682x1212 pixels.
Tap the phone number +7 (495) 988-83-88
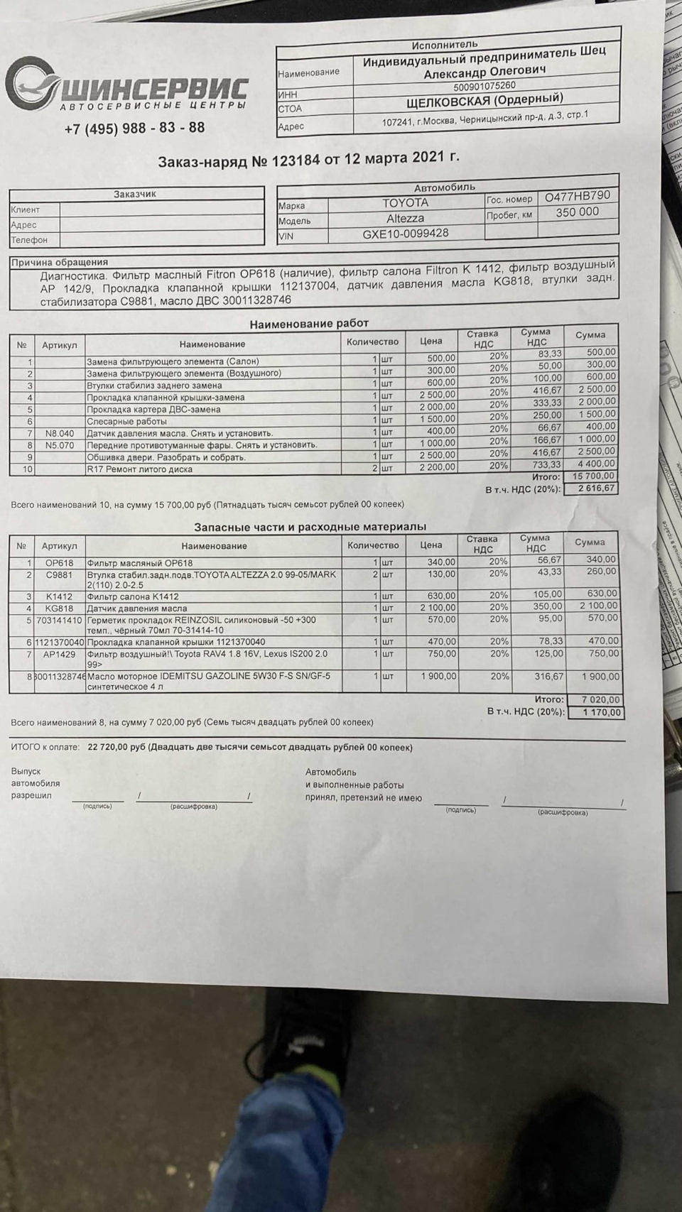click(134, 129)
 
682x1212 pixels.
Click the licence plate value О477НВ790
click(577, 196)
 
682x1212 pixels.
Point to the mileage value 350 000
click(577, 212)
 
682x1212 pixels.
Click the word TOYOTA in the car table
click(405, 203)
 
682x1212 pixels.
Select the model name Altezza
click(405, 219)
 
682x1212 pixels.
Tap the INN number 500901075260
click(485, 87)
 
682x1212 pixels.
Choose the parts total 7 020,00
click(600, 700)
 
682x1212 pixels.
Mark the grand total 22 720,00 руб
click(117, 747)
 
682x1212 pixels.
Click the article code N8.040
click(60, 433)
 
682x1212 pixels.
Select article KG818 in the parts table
click(60, 608)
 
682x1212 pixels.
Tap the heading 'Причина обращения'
click(60, 262)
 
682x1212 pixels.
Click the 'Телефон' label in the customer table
click(29, 240)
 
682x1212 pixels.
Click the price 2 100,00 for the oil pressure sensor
click(438, 608)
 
